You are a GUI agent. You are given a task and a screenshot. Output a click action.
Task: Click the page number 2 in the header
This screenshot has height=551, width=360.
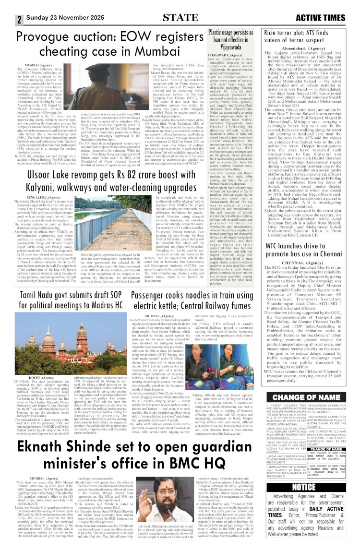19,20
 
